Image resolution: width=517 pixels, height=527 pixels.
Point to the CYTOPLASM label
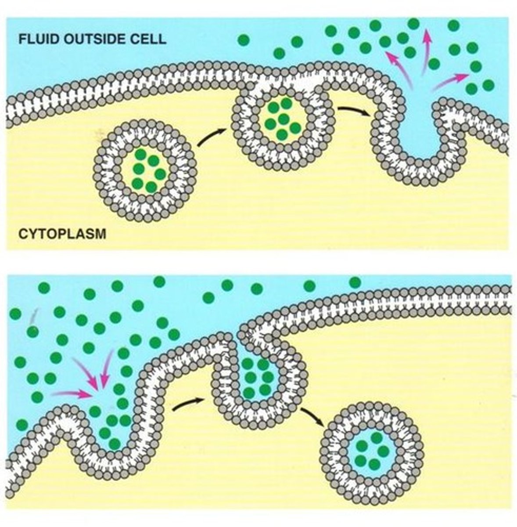tap(62, 233)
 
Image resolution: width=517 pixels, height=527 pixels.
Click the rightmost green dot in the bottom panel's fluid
tap(355, 282)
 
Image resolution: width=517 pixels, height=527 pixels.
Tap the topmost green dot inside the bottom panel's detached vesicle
tap(376, 437)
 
